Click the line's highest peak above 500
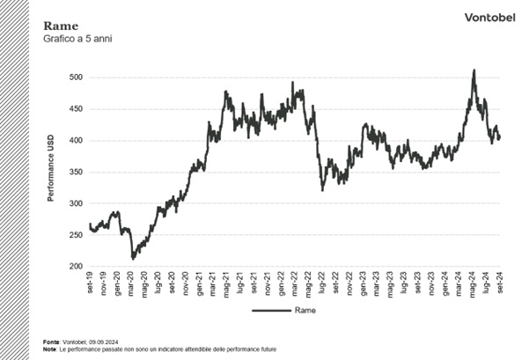[474, 70]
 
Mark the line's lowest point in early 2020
[133, 259]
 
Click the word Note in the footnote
[49, 349]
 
